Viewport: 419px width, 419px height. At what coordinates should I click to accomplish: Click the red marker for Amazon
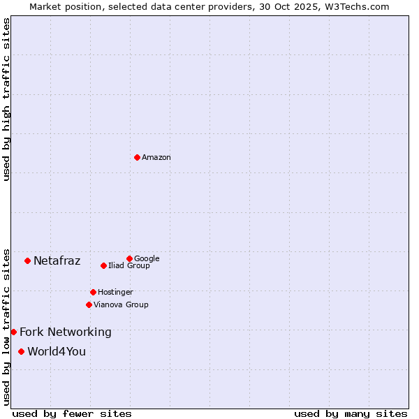[137, 157]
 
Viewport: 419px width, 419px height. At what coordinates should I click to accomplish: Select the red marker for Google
[129, 258]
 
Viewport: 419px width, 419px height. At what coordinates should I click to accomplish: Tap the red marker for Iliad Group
[103, 265]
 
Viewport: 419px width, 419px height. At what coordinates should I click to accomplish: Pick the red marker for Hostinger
[93, 292]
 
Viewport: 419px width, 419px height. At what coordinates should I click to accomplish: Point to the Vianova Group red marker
[89, 304]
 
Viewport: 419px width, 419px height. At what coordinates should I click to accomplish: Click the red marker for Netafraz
[27, 260]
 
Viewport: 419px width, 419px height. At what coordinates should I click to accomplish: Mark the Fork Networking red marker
[13, 332]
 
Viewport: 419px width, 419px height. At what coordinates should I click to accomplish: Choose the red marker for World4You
[22, 351]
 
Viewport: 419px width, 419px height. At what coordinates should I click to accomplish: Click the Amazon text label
[156, 158]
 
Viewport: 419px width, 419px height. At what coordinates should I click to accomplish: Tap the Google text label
[147, 258]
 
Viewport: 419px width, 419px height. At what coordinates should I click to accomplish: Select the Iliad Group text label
[129, 265]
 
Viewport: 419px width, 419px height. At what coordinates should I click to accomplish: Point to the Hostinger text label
[115, 292]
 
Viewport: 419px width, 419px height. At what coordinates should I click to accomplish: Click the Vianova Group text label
[121, 304]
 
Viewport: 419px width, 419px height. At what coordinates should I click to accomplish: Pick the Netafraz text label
[57, 261]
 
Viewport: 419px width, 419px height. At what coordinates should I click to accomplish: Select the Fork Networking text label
[66, 332]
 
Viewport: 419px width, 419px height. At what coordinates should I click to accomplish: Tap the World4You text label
[57, 351]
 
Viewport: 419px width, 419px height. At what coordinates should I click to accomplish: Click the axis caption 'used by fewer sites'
[72, 413]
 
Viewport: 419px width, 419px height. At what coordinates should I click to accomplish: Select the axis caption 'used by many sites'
[351, 413]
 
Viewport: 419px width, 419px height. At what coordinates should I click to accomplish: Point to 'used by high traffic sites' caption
[6, 99]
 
